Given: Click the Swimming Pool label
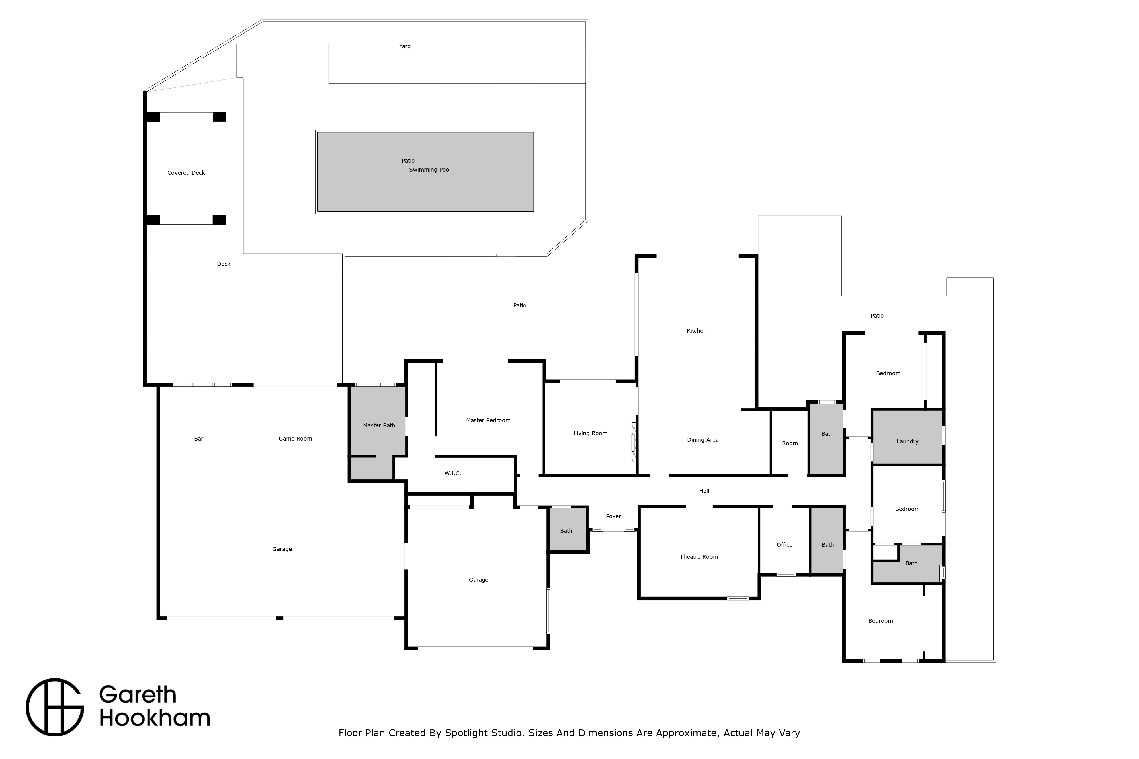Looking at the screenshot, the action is pyautogui.click(x=430, y=170).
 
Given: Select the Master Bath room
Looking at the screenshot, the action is pyautogui.click(x=379, y=432).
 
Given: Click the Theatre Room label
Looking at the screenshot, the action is pyautogui.click(x=699, y=557).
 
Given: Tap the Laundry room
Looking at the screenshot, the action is pyautogui.click(x=907, y=437).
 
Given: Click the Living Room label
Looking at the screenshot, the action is pyautogui.click(x=590, y=433).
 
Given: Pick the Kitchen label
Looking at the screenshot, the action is pyautogui.click(x=696, y=331).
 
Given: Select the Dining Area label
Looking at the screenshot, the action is pyautogui.click(x=703, y=440).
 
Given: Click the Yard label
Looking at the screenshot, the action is pyautogui.click(x=405, y=46).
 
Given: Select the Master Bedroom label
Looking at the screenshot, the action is pyautogui.click(x=488, y=421).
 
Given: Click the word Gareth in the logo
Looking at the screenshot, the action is pyautogui.click(x=138, y=695).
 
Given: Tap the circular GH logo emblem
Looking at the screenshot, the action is pyautogui.click(x=55, y=707).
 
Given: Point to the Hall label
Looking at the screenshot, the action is pyautogui.click(x=704, y=491).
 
